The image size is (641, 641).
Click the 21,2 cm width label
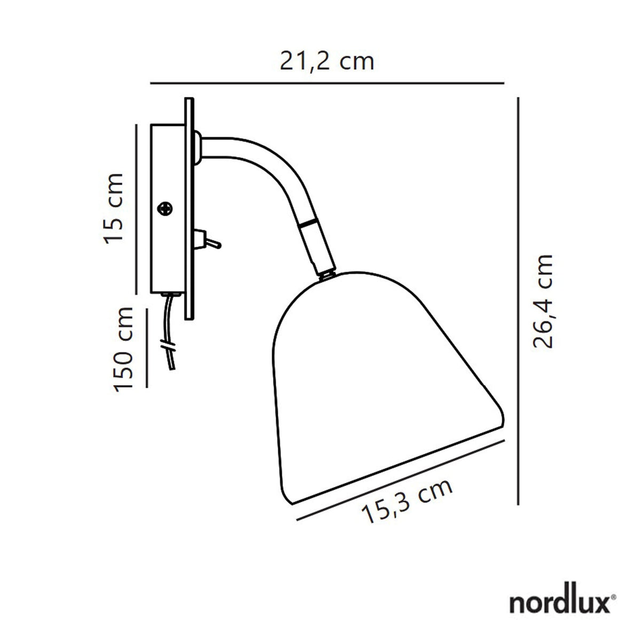327,61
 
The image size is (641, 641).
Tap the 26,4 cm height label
544,301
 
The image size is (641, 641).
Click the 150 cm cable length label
124,348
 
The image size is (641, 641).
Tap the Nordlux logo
561,603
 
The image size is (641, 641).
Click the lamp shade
385,385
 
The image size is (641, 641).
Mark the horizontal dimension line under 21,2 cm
327,83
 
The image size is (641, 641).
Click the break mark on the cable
169,345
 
